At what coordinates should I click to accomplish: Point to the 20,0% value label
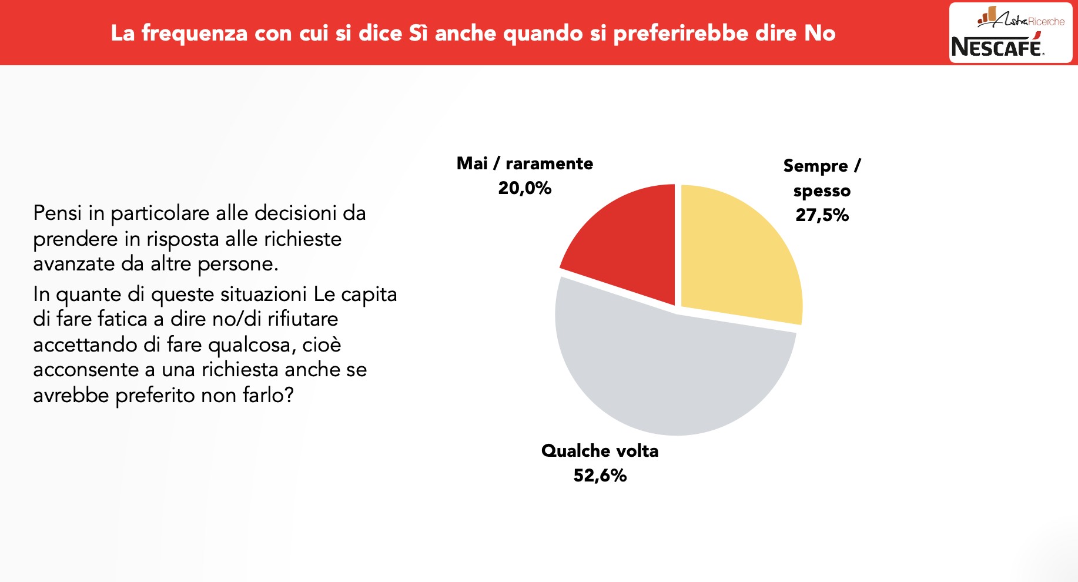(x=524, y=188)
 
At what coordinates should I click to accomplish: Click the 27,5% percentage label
(x=822, y=215)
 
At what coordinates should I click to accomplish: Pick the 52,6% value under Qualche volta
(x=600, y=475)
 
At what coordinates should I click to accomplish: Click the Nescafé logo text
(x=997, y=47)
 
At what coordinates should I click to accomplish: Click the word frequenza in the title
(x=195, y=34)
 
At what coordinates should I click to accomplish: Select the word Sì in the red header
(x=418, y=33)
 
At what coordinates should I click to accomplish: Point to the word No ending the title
(x=820, y=33)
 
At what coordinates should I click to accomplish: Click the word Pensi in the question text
(x=58, y=213)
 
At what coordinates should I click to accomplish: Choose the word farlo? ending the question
(x=268, y=395)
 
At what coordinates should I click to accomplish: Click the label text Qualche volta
(x=600, y=451)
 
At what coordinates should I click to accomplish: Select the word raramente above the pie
(x=549, y=163)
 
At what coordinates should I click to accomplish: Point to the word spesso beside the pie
(x=822, y=191)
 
